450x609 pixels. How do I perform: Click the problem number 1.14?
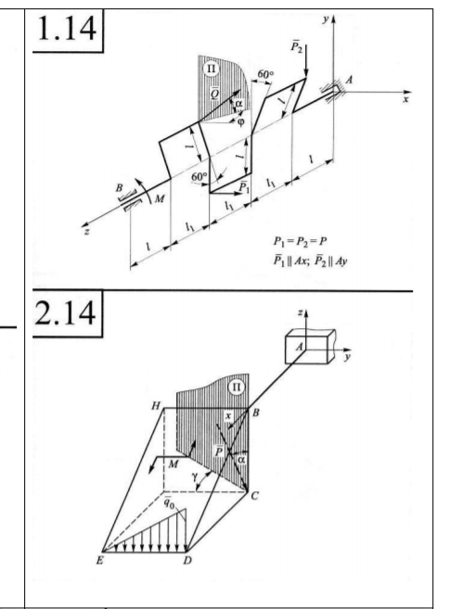(x=67, y=28)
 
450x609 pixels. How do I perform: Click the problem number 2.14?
(x=65, y=312)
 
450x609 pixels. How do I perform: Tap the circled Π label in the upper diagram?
(x=211, y=69)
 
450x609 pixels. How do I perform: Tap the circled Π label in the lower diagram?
(x=237, y=387)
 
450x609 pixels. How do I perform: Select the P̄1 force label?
(x=244, y=187)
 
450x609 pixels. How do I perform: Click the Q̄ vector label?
(x=214, y=93)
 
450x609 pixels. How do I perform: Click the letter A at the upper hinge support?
(x=349, y=80)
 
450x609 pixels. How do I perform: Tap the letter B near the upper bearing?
(x=120, y=187)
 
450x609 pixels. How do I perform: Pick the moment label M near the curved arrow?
(x=159, y=199)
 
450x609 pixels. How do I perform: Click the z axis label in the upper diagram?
(x=87, y=232)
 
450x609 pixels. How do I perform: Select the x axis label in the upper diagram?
(x=405, y=100)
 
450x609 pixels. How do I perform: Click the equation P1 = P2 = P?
(x=300, y=242)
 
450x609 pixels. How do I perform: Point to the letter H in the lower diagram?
(x=156, y=406)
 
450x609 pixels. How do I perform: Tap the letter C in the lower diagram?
(x=254, y=496)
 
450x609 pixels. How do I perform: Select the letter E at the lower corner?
(x=100, y=561)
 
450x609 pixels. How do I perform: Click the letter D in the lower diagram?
(x=187, y=561)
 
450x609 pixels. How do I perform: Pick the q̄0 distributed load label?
(x=169, y=502)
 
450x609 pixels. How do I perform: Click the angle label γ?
(x=194, y=476)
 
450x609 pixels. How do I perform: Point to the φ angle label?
(x=241, y=122)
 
